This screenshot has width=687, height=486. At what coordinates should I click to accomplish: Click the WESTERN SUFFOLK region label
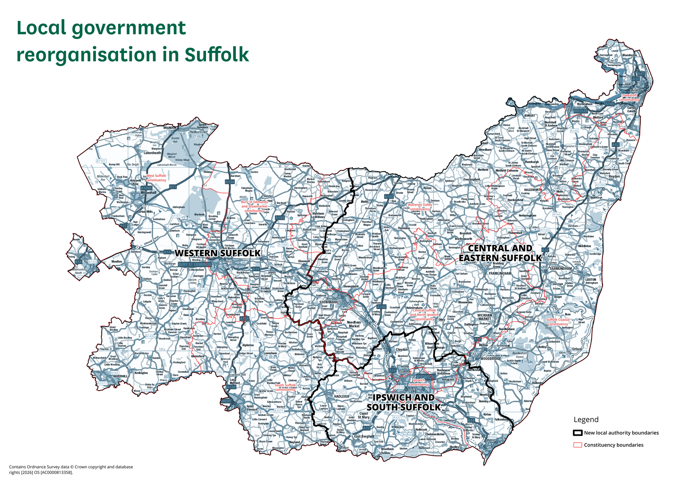218,253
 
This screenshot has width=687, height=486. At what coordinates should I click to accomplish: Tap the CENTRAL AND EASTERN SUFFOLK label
500,253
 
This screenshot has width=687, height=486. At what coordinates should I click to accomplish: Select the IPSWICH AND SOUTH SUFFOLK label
404,402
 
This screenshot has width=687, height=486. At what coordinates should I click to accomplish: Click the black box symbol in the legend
578,433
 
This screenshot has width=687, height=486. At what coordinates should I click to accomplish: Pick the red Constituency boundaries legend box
578,445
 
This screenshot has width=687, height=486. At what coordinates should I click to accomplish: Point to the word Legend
586,419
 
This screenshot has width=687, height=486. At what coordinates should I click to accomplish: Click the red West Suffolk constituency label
156,178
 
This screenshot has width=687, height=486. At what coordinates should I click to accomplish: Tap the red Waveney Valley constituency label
420,207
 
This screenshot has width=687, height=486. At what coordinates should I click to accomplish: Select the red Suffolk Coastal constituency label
558,322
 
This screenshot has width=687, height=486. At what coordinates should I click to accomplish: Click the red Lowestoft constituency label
629,97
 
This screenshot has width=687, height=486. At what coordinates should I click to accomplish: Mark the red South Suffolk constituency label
285,387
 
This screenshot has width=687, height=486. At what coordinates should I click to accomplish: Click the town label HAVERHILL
120,376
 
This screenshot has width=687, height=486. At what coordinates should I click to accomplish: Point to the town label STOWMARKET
330,302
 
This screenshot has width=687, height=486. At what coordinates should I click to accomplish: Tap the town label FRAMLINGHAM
500,273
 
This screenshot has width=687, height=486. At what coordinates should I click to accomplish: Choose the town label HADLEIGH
341,396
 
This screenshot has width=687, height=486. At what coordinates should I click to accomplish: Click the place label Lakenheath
152,153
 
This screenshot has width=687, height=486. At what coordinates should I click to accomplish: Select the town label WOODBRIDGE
491,358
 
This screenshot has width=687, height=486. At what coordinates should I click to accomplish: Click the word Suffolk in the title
217,54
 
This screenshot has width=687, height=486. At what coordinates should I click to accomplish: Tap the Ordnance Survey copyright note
71,470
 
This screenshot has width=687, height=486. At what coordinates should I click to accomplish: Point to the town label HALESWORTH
533,190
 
